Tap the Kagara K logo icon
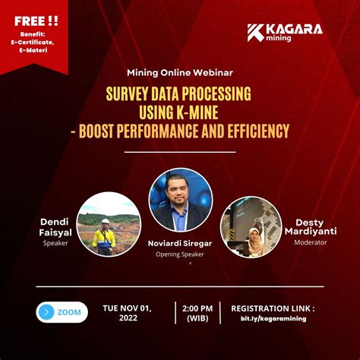[256, 33]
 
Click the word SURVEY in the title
[133, 94]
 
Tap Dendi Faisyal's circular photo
[109, 222]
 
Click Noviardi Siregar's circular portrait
[179, 200]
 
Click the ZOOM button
[61, 312]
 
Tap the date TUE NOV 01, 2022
[128, 313]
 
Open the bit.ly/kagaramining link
[272, 319]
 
